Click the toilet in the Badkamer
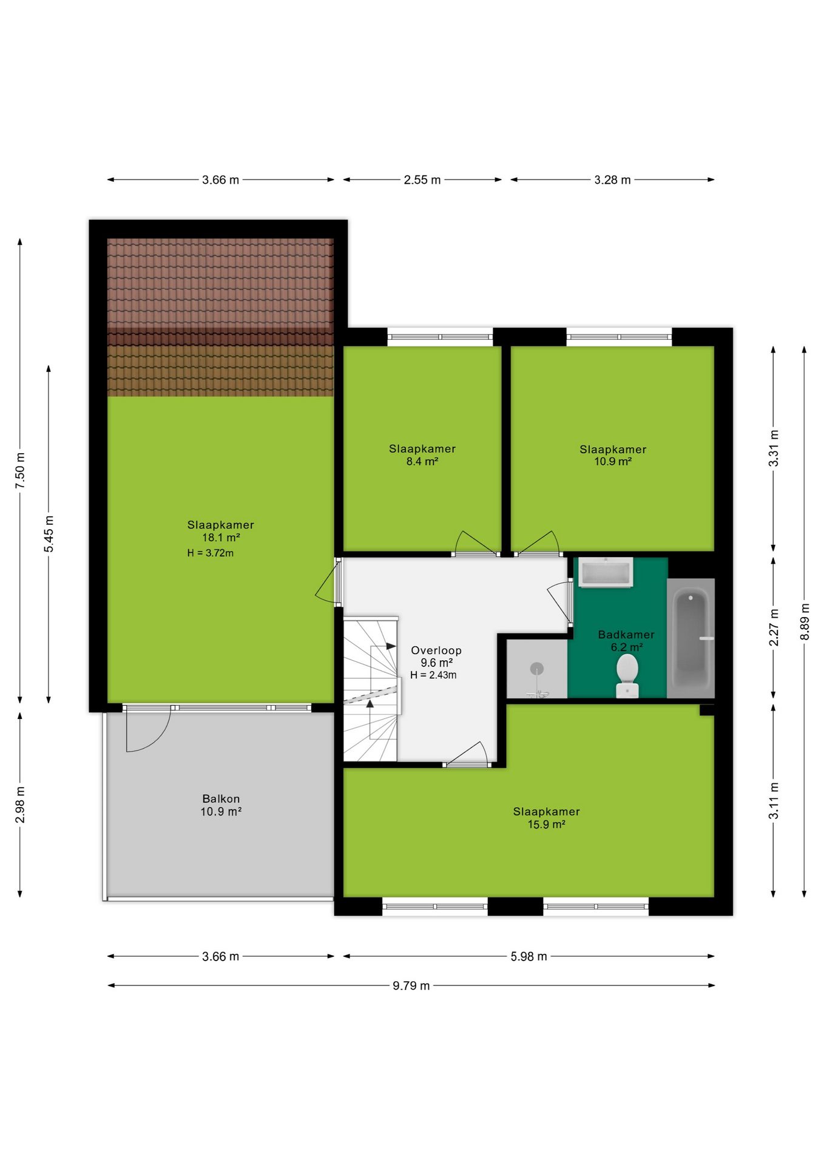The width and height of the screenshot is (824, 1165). click(x=627, y=675)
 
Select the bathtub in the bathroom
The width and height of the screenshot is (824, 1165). click(x=691, y=638)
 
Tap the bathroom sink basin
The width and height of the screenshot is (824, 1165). click(x=606, y=572)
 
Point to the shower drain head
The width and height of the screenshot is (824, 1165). click(x=537, y=669)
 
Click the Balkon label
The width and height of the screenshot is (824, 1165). click(x=221, y=799)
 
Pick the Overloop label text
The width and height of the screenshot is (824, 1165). click(x=436, y=650)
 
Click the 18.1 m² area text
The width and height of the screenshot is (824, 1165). click(x=221, y=538)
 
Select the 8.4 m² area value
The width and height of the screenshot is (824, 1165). click(x=422, y=461)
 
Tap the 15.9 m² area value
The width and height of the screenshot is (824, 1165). click(x=547, y=824)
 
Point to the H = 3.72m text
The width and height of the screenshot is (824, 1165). click(x=211, y=553)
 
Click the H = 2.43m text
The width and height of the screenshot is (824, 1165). click(x=433, y=675)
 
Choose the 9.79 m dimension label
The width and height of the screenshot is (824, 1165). click(x=411, y=985)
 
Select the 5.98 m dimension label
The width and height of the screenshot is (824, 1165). click(x=529, y=956)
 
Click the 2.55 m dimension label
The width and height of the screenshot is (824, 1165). click(x=422, y=180)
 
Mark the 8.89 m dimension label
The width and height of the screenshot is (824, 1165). click(x=805, y=621)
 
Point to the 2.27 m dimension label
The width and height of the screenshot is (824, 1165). click(x=774, y=628)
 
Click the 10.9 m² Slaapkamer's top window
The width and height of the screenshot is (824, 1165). click(x=619, y=336)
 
